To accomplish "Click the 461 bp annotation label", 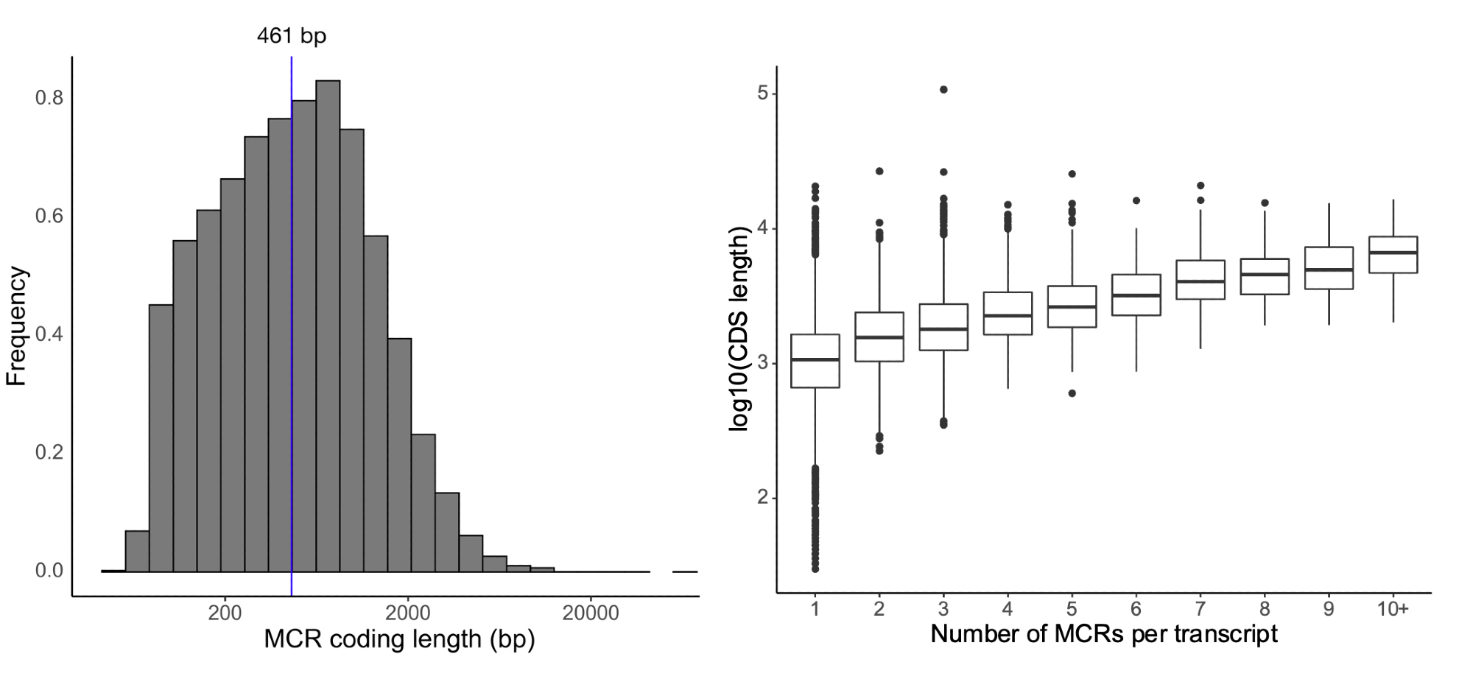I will [x=291, y=35].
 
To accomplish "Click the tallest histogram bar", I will [x=328, y=324].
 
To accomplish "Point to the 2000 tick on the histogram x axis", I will [x=407, y=613].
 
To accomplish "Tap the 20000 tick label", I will [x=590, y=613].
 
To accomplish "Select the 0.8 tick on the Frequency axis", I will [x=49, y=98].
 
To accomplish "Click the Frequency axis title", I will [x=16, y=327].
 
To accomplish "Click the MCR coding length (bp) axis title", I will [x=399, y=639].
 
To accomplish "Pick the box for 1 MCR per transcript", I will [x=815, y=361].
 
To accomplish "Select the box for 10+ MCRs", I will [x=1393, y=255].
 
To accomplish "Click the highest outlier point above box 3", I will [x=943, y=90].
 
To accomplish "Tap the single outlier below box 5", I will [x=1072, y=393].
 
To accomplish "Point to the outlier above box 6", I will [x=1136, y=200].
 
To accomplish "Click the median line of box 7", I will [x=1200, y=281].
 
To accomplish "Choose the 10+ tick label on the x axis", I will [x=1392, y=609].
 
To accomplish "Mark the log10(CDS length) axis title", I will [x=739, y=328].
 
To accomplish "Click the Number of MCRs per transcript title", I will [x=1103, y=634].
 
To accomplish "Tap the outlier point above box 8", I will [x=1265, y=203].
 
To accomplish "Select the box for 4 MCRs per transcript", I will [x=1008, y=314].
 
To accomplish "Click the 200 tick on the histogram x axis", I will [x=225, y=613].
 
